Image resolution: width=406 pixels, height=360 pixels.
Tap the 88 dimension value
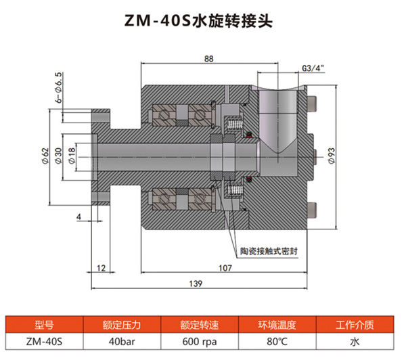coord(208,60)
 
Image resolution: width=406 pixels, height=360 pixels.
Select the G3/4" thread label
coord(313,68)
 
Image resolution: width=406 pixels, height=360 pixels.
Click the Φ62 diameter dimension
coord(45,156)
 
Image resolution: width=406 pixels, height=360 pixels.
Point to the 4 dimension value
coord(79,217)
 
